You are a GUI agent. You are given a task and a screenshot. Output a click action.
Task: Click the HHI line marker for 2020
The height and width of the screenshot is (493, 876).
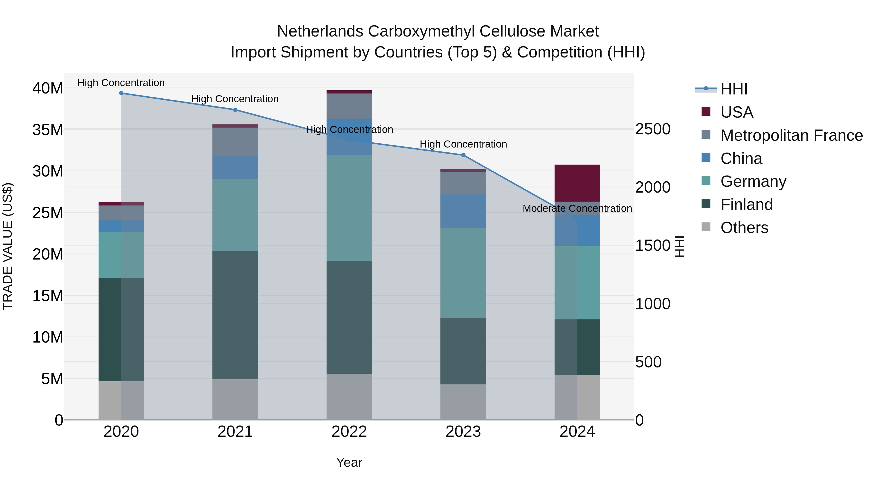(x=121, y=93)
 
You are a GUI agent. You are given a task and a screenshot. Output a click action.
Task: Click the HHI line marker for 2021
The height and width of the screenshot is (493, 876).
(x=235, y=110)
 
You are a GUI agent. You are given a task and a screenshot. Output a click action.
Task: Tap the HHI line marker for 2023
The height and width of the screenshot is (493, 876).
(x=463, y=155)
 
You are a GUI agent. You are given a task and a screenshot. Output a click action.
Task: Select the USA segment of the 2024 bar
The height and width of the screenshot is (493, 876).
(x=577, y=183)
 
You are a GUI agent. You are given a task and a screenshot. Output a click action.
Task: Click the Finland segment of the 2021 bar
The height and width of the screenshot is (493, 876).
(x=235, y=315)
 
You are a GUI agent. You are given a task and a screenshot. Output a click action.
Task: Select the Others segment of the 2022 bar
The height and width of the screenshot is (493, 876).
(x=349, y=397)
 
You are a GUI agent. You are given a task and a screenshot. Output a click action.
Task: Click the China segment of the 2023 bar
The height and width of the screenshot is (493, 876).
(x=463, y=211)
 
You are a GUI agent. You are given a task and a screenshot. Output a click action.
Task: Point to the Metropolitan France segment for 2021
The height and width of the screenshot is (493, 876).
(x=235, y=141)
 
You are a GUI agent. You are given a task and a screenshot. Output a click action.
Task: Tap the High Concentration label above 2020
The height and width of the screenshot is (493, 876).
(x=121, y=83)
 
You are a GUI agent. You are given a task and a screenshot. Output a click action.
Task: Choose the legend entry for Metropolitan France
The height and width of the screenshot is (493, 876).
(x=791, y=135)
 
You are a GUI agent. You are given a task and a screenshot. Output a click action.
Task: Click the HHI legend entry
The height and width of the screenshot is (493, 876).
(x=733, y=89)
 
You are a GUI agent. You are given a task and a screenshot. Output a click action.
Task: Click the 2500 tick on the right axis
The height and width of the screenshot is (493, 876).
(x=653, y=129)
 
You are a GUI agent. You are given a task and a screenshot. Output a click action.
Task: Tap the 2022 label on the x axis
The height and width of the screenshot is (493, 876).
(x=349, y=432)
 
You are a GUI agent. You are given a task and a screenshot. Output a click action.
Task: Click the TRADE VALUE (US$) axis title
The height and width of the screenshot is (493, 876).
(x=8, y=246)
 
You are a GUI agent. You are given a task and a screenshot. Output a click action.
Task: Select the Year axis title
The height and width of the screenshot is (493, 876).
(x=349, y=462)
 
